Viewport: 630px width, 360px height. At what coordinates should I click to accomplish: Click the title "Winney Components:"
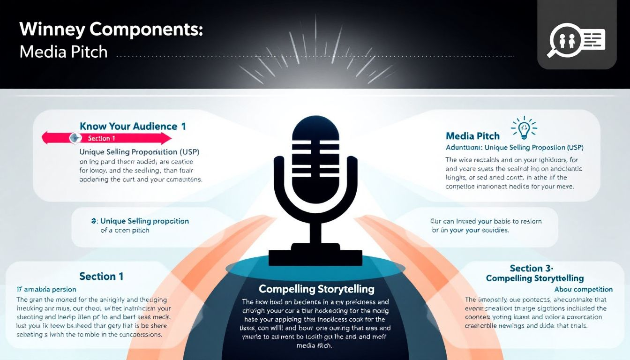(111, 29)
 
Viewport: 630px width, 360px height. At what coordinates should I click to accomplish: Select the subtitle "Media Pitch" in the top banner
(63, 52)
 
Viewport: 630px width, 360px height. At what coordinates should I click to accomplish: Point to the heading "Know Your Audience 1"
(133, 126)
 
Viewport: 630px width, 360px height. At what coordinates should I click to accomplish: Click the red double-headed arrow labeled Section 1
(107, 138)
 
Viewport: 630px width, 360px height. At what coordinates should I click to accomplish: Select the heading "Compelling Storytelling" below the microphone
(316, 288)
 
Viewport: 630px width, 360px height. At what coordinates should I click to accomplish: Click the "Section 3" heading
(531, 268)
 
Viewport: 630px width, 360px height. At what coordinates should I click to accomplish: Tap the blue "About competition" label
(583, 289)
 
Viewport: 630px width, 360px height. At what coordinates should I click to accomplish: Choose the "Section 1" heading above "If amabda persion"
(101, 276)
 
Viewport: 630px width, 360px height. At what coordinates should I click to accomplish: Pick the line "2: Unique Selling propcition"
(140, 221)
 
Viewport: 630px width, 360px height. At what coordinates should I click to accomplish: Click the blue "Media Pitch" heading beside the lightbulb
(472, 136)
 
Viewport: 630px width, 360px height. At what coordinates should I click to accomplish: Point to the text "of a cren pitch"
(125, 230)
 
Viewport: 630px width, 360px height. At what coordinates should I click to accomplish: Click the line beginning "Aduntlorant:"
(514, 147)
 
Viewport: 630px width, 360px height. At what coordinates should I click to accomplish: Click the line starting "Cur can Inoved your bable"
(486, 221)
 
